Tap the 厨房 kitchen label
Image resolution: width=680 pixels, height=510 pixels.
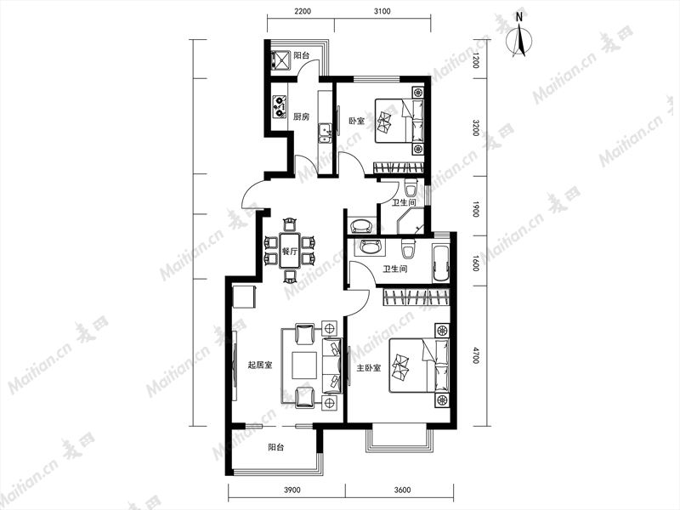click(302, 116)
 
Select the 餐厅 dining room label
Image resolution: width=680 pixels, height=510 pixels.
click(290, 251)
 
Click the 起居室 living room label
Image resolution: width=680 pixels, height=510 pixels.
click(260, 365)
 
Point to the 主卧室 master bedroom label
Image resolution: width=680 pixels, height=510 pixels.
click(369, 368)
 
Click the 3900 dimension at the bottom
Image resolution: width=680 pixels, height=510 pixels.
click(292, 490)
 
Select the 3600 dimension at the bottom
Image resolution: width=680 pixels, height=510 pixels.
click(402, 490)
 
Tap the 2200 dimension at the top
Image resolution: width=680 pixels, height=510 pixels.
click(303, 11)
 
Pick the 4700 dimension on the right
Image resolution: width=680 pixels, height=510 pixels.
click(476, 355)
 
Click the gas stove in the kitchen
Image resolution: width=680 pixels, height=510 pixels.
click(279, 107)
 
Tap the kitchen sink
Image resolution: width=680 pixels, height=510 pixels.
click(325, 133)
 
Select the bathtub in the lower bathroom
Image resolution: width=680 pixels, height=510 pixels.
click(440, 263)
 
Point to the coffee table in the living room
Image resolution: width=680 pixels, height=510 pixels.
click(304, 365)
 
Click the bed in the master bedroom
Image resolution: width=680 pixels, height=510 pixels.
click(419, 365)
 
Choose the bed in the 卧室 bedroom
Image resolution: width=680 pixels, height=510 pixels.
click(399, 120)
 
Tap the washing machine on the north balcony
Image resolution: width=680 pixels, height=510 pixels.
click(280, 60)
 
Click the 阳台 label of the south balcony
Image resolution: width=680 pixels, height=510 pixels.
click(275, 448)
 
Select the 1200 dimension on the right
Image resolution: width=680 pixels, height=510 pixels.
click(476, 60)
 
